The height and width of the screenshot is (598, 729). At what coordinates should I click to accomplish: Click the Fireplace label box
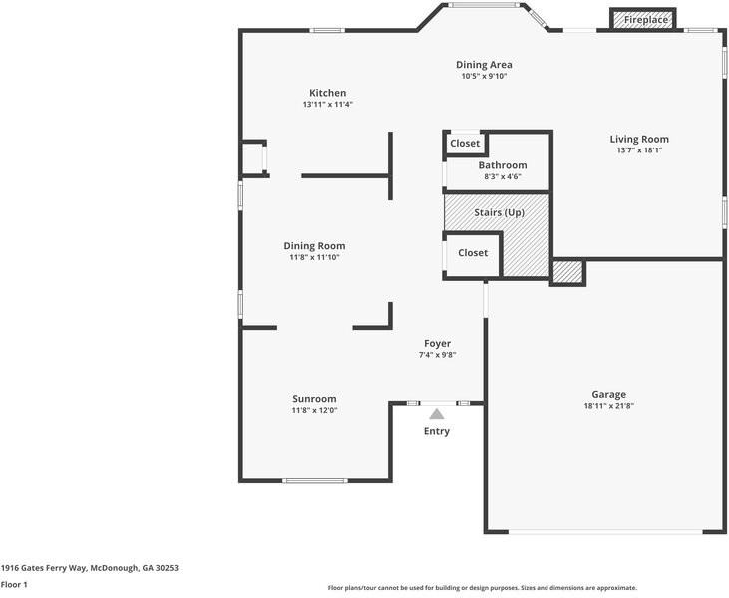641,19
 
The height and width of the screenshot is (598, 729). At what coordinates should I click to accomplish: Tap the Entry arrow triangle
436,414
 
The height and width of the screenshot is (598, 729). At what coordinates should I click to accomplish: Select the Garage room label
608,394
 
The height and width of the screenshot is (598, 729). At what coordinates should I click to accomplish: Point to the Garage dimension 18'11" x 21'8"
608,406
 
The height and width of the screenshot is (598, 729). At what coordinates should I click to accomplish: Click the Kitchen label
327,93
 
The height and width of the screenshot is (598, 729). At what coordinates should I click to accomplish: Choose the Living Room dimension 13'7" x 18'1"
639,150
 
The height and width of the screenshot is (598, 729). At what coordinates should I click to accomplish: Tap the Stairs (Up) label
498,212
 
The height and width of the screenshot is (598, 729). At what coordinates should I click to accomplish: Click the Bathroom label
502,165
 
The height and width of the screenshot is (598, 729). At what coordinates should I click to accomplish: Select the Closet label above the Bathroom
465,144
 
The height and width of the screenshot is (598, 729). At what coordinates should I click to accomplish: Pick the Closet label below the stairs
473,253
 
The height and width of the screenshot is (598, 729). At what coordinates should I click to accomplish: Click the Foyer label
437,343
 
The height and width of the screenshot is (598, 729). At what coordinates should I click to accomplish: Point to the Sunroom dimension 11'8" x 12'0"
314,410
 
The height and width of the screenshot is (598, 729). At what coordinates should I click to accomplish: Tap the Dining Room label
314,246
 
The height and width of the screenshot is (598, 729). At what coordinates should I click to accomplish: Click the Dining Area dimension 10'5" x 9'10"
485,77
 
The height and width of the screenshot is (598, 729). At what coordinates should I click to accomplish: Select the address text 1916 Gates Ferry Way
89,567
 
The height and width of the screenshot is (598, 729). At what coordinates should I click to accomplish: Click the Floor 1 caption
14,585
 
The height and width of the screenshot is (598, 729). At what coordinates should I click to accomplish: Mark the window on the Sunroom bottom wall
314,481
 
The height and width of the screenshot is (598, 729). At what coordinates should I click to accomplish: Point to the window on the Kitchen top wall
327,30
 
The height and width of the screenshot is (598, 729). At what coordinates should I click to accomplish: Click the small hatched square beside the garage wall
567,271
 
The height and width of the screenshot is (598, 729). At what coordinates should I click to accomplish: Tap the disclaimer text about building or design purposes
483,588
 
